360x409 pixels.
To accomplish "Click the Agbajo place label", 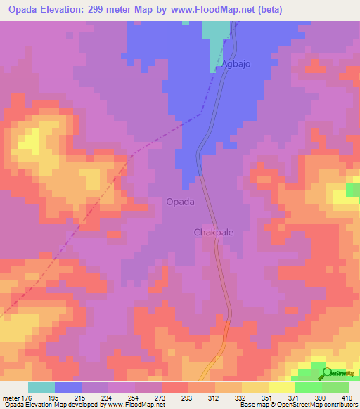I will tap(236, 64).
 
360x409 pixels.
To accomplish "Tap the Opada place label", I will tap(180, 201).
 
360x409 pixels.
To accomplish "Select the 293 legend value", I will tap(176, 397).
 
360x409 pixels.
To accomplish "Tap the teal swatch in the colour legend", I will tap(41, 387).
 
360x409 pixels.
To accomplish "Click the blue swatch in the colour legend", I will tap(68, 387).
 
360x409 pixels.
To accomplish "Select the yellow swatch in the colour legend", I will tap(282, 387).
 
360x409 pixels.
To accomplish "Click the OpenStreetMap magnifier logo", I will tap(326, 372).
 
